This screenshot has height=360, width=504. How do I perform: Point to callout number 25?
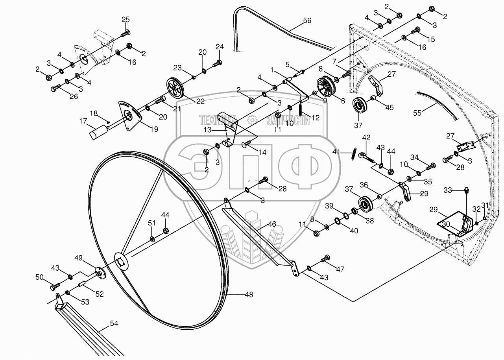(x=125, y=20)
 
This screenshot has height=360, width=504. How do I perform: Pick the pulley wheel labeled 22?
(x=175, y=88)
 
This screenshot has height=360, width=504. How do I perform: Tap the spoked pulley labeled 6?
(x=325, y=87)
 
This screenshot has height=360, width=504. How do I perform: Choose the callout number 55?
(x=417, y=113)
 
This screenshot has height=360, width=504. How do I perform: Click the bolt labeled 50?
(x=55, y=286)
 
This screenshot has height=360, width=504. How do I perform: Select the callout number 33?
(x=447, y=190)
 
